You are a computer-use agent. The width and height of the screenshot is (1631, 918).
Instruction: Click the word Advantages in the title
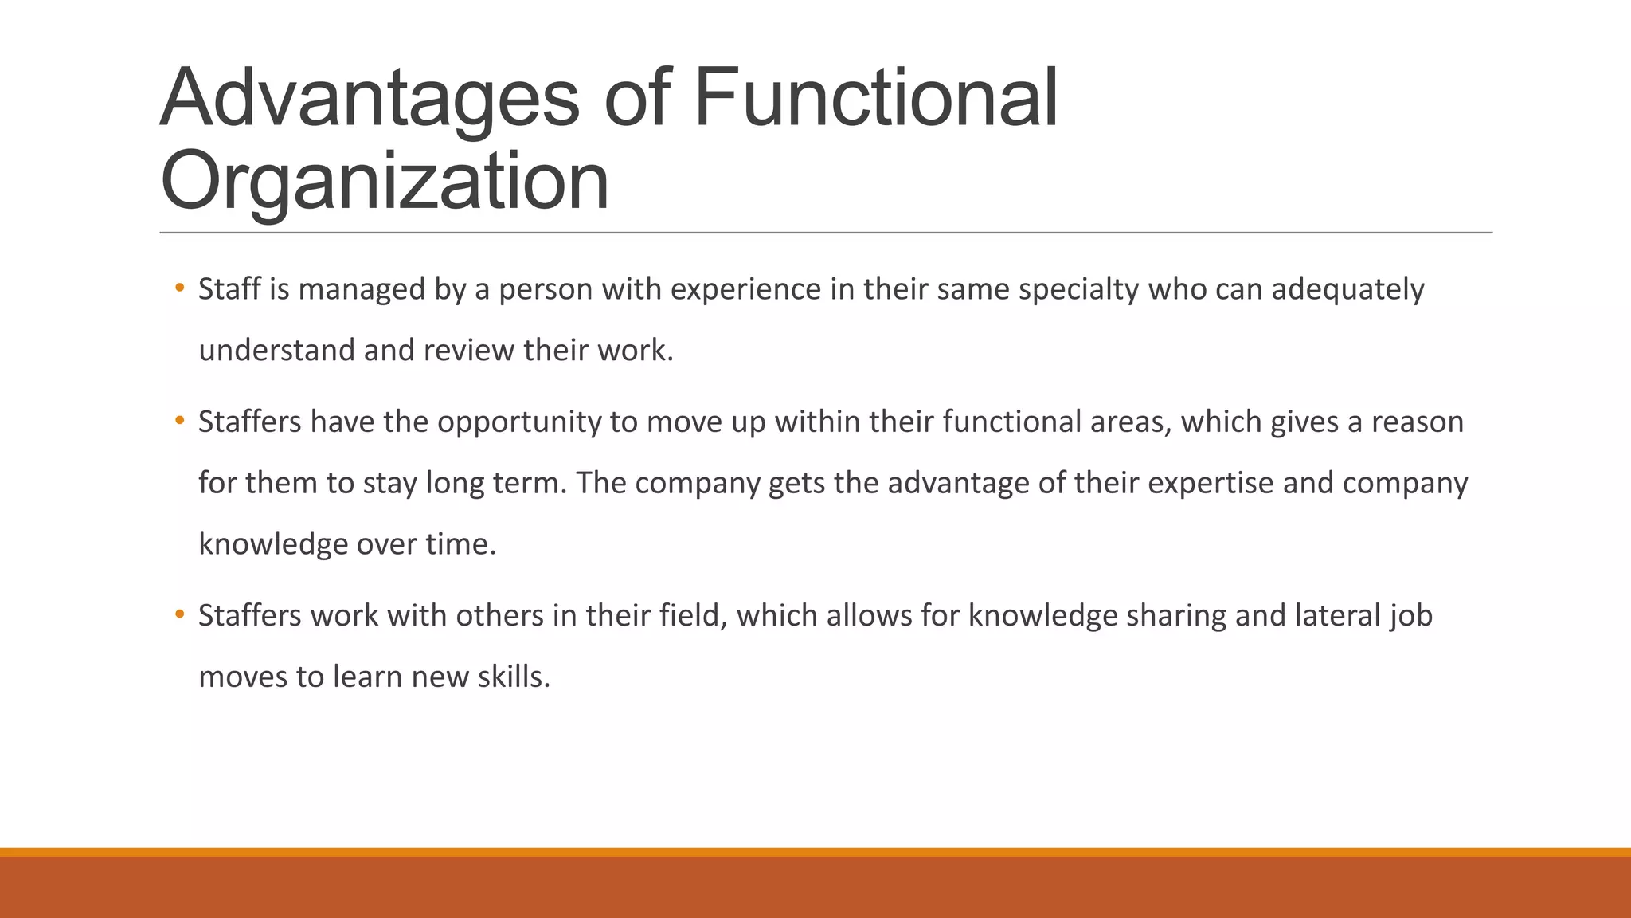(x=370, y=99)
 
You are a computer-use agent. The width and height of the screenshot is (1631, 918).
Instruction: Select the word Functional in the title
(x=876, y=99)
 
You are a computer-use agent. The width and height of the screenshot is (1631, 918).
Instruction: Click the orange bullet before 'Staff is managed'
(x=180, y=288)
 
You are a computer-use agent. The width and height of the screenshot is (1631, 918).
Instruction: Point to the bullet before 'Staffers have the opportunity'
(x=180, y=420)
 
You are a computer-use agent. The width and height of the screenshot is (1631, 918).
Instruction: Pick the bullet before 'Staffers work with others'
(x=180, y=614)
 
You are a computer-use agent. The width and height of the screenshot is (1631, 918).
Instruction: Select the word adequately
(x=1347, y=289)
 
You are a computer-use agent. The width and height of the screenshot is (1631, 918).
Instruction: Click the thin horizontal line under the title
(x=825, y=233)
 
